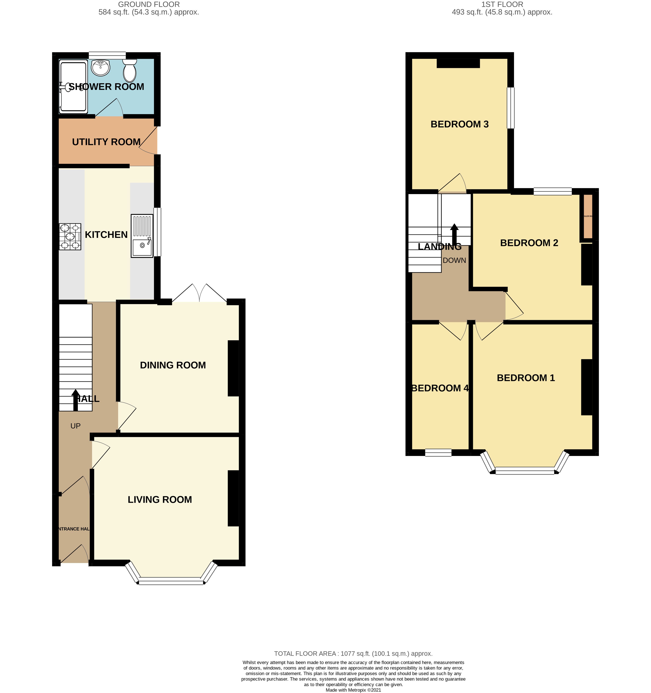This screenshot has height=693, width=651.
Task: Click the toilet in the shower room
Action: tap(130, 71)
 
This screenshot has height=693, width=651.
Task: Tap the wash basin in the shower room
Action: tap(101, 67)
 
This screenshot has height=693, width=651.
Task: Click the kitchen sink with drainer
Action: tap(142, 236)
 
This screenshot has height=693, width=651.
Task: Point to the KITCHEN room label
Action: tap(106, 235)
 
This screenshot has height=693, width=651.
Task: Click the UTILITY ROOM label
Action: tap(106, 142)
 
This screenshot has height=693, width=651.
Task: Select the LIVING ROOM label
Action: tap(160, 500)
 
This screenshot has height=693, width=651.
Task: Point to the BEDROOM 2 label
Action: tap(529, 243)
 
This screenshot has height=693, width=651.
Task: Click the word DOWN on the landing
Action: tap(454, 260)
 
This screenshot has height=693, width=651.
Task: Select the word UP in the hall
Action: tap(75, 426)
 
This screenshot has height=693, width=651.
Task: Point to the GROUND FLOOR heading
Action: tap(149, 4)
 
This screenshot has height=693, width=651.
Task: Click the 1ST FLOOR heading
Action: tap(502, 4)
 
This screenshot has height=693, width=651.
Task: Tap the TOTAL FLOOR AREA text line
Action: tap(353, 654)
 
